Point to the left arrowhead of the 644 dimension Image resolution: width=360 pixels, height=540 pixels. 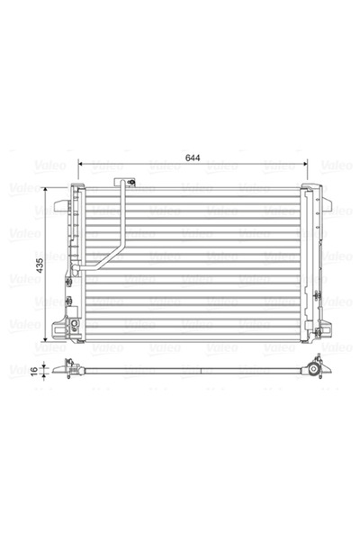(x=81, y=166)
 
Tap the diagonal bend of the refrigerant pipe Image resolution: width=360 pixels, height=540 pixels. (x=100, y=255)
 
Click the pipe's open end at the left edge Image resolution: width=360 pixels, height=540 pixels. (x=76, y=268)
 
